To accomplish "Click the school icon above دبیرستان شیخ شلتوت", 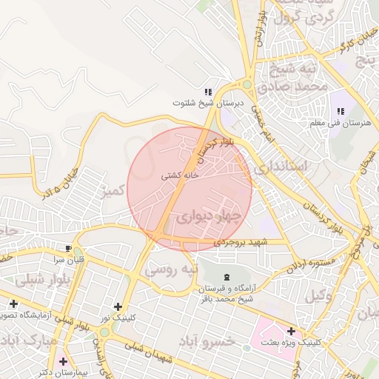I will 198,92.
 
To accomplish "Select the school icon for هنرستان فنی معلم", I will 341,111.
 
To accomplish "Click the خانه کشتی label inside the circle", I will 181,177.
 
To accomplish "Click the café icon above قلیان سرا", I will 69,249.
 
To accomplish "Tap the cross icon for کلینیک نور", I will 118,306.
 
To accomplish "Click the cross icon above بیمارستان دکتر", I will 62,362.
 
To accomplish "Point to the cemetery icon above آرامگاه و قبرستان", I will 226,276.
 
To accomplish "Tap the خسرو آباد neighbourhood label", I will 207,341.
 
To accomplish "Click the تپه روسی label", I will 171,268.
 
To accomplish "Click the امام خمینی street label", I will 263,123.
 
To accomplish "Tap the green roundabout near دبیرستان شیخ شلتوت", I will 246,85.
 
